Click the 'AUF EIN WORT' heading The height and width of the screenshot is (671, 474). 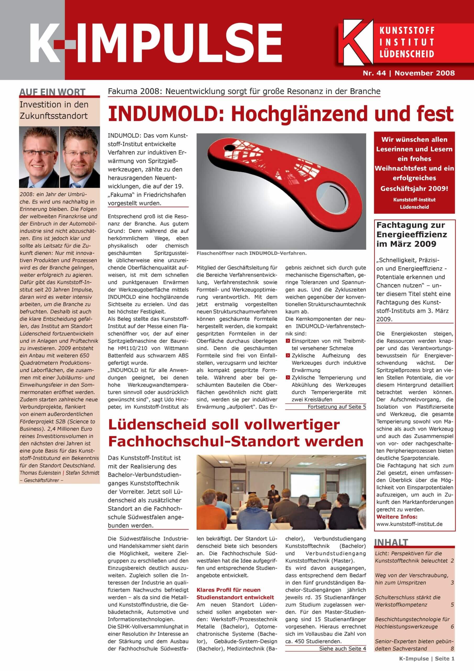tap(52, 92)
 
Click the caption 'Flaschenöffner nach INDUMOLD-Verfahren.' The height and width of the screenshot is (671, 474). tap(251, 253)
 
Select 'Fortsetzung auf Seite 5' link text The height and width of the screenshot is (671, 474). tap(337, 407)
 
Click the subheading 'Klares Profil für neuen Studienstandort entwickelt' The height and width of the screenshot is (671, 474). tap(235, 593)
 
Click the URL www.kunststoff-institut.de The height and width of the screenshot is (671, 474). tap(409, 524)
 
